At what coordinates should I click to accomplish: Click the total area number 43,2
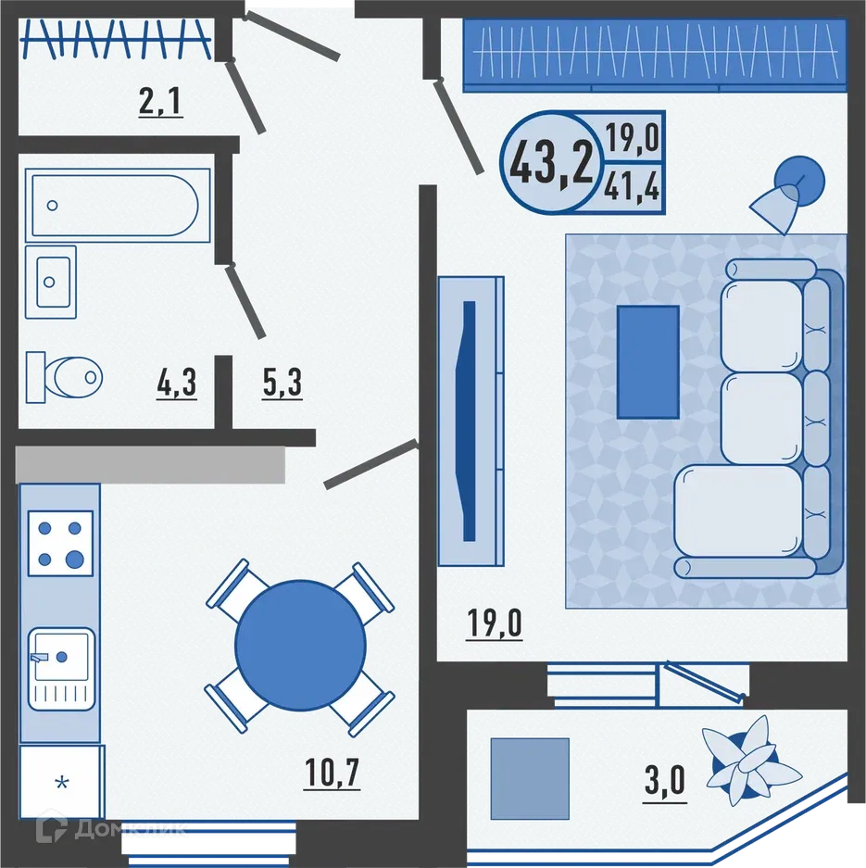550,163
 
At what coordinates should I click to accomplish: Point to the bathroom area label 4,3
176,382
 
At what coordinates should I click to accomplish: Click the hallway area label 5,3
282,382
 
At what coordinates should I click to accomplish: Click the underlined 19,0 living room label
494,623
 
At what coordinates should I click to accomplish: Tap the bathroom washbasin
51,282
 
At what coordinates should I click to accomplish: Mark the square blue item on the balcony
529,778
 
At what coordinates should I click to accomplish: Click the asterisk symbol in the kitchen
62,784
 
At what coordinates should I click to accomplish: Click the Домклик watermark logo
111,829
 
